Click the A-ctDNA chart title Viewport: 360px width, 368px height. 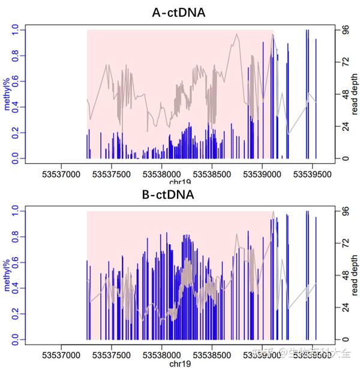click(x=179, y=12)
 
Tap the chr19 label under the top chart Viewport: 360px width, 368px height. click(x=178, y=182)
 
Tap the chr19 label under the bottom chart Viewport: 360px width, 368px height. click(x=178, y=363)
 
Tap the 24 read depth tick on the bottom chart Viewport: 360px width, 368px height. click(x=344, y=308)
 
